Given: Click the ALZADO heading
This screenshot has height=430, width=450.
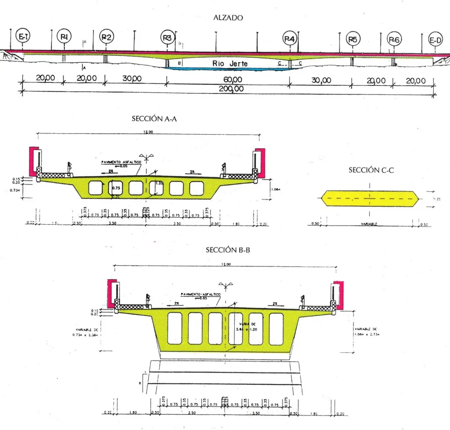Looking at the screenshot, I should [x=228, y=18].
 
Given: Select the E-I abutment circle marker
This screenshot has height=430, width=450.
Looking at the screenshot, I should [x=22, y=37].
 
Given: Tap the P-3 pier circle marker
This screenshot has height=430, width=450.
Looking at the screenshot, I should [x=167, y=38].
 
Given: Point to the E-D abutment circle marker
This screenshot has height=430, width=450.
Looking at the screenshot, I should [x=435, y=41].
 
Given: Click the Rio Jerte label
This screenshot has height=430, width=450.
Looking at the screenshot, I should [x=230, y=63].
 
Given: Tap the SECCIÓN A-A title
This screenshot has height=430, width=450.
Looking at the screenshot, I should [x=154, y=119].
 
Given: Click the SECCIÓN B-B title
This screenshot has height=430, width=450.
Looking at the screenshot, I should [x=229, y=250].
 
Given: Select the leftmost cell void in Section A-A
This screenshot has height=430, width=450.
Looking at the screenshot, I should [x=95, y=188].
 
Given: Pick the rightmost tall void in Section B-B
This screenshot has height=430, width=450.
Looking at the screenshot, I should [x=276, y=328].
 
